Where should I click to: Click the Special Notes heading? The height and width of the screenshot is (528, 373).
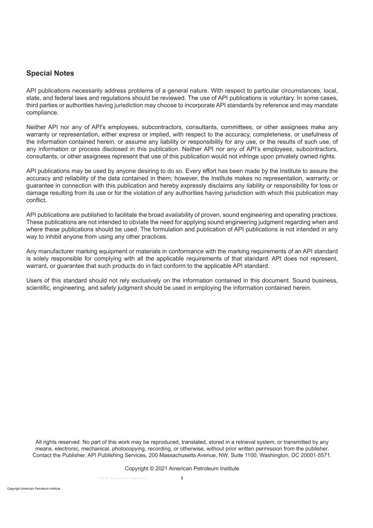click(x=50, y=73)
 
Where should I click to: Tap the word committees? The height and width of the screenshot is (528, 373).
click(x=237, y=127)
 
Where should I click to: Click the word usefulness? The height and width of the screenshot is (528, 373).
click(x=320, y=134)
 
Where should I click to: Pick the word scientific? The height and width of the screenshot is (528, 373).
click(x=38, y=288)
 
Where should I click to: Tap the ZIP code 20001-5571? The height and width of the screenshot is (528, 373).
click(x=316, y=455)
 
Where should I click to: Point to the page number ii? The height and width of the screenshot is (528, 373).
click(x=182, y=478)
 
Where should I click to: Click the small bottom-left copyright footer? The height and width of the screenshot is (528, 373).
click(x=34, y=489)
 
